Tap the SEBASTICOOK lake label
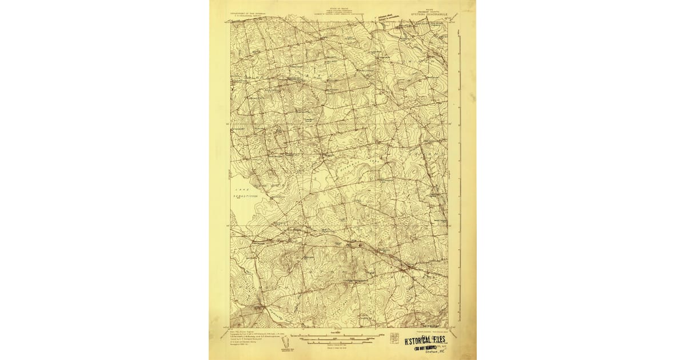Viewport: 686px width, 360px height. coord(246,196)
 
